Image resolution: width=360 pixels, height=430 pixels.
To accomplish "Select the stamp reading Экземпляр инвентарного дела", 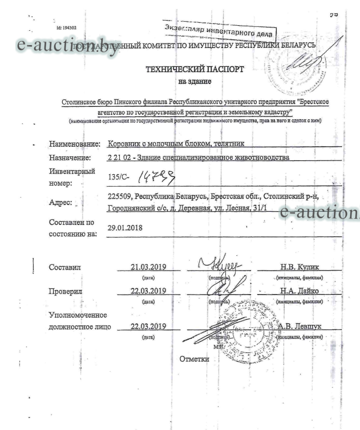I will click(219, 26).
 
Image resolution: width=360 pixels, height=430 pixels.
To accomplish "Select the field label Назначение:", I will click(70, 158).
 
